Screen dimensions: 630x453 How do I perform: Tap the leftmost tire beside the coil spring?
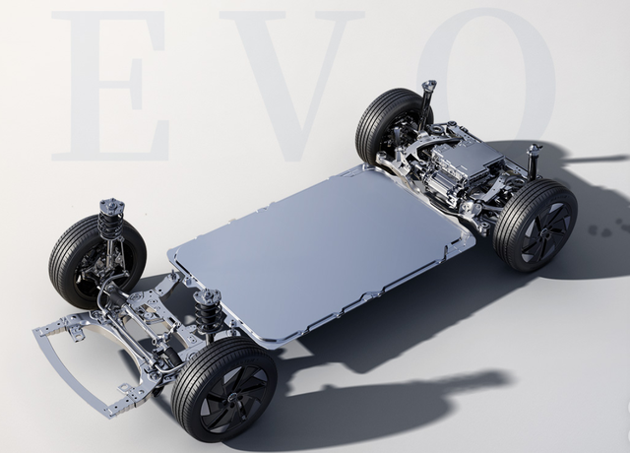96,261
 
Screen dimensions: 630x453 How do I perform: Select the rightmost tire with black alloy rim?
535,226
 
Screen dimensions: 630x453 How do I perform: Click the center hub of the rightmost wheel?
544,233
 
